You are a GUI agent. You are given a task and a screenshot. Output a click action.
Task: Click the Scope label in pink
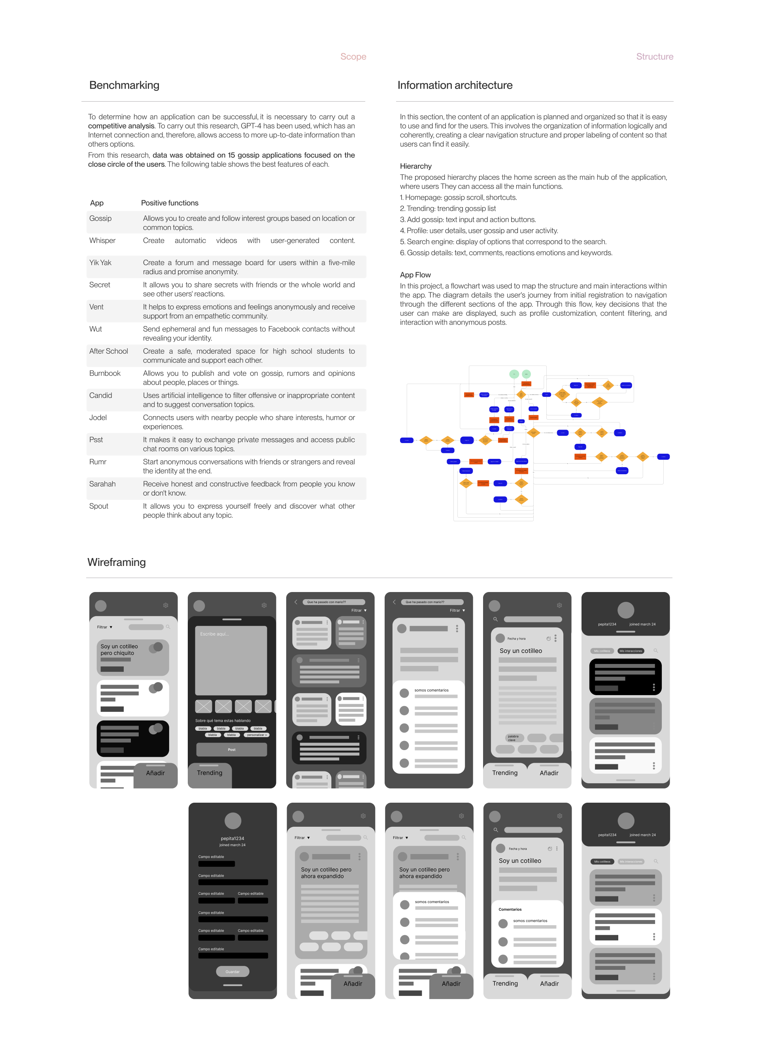click(x=353, y=57)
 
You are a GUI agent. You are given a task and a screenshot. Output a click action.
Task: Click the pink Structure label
click(x=654, y=57)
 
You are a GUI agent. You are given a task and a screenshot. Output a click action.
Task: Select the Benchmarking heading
click(x=124, y=85)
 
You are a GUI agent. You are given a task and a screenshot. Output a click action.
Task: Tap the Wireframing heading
click(x=116, y=562)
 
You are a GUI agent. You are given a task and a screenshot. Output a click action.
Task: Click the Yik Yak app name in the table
click(x=100, y=263)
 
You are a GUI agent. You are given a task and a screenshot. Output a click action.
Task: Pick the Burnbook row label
click(x=105, y=373)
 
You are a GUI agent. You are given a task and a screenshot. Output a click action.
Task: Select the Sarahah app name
click(x=102, y=484)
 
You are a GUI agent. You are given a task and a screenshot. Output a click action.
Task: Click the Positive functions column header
click(x=170, y=203)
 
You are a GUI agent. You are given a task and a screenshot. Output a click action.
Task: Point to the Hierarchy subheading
click(x=415, y=166)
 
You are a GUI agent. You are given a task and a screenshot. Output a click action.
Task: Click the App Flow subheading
click(x=415, y=275)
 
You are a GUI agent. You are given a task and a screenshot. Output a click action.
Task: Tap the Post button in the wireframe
click(x=232, y=749)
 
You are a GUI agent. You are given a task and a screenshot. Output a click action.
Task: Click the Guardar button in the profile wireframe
click(x=232, y=972)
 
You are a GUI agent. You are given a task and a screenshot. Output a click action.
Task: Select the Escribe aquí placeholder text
click(x=214, y=634)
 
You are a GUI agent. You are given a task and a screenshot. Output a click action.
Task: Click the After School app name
click(x=108, y=351)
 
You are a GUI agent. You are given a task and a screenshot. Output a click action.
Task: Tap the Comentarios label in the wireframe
click(x=510, y=909)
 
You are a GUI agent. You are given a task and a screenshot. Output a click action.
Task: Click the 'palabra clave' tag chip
click(x=513, y=738)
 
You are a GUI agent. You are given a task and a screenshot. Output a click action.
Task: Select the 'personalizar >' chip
click(x=257, y=735)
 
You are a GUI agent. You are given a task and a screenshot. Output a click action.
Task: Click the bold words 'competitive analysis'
click(x=121, y=126)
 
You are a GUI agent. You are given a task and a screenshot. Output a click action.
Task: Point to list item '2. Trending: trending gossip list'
click(x=447, y=208)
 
